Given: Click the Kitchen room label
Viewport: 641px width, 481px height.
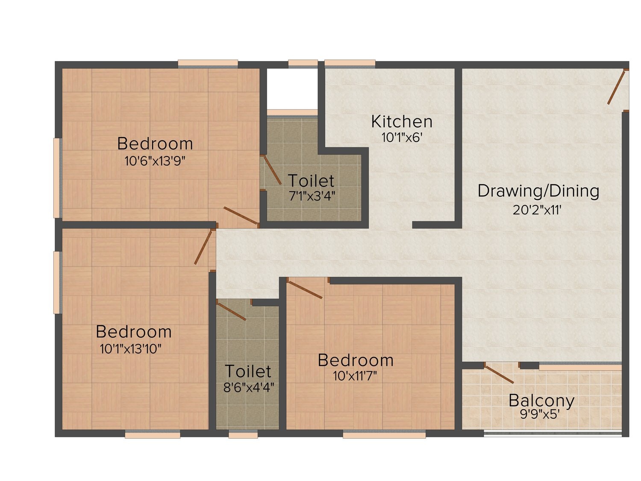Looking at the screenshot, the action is point(402,122).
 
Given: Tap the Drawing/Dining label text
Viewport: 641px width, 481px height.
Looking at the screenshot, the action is point(538,191).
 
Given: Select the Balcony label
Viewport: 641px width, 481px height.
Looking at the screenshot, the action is point(541,401).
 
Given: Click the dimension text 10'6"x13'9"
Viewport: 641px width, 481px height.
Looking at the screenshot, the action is point(155,161).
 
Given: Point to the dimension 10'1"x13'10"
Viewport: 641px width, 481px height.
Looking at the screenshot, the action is point(130,349).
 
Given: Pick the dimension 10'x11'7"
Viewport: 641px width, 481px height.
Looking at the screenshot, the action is point(355,376).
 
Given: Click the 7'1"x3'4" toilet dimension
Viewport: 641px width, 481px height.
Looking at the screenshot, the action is point(312,196).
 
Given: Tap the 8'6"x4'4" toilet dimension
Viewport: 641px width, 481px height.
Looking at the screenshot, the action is point(249,387).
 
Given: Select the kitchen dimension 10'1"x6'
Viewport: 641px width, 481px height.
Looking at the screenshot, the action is point(402,137).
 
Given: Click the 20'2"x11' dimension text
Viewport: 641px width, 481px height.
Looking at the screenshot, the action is point(537,210).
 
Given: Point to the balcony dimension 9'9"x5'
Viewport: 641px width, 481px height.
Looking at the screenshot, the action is point(540,414).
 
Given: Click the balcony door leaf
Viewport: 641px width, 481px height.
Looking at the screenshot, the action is point(499,375).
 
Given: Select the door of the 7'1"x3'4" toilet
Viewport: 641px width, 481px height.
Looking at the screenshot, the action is point(272,170).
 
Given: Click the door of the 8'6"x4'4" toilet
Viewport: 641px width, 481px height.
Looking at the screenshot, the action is point(232,312).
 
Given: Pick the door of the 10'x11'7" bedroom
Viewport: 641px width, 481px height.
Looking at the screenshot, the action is point(305,290).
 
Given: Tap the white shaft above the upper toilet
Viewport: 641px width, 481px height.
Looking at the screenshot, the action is point(292,89).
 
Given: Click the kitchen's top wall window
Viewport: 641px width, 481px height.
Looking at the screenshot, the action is point(350,64).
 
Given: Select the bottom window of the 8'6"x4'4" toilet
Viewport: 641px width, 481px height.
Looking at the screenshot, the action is point(243,435).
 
